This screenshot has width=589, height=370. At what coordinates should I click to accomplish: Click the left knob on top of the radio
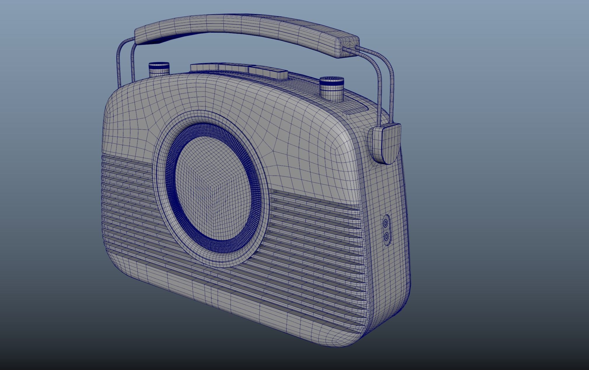159,70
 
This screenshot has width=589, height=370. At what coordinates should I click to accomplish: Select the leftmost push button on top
204,67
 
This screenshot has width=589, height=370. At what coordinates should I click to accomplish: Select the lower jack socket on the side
387,237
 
